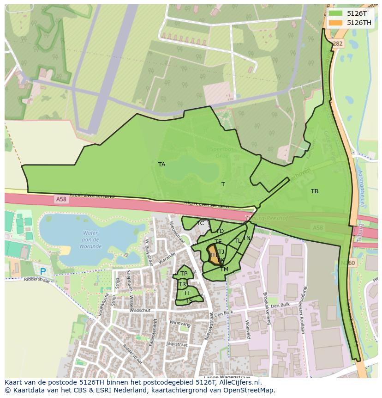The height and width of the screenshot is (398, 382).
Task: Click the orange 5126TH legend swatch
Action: (x=336, y=23)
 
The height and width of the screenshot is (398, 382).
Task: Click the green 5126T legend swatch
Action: (x=336, y=13)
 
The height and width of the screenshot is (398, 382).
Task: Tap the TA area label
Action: (x=161, y=165)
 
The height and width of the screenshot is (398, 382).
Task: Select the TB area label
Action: (x=315, y=191)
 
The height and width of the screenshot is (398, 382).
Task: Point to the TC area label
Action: (x=200, y=223)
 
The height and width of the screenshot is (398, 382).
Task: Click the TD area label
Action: (x=220, y=231)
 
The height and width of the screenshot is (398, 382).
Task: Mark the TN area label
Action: (x=246, y=238)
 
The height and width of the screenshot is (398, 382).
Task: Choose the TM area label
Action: (x=224, y=269)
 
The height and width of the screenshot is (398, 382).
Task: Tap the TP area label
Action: (x=184, y=274)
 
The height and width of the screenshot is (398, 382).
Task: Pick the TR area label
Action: (x=182, y=284)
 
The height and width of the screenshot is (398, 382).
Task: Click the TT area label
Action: (x=187, y=293)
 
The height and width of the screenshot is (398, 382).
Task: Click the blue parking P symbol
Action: (x=43, y=272)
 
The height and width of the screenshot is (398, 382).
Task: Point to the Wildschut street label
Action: (x=141, y=311)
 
